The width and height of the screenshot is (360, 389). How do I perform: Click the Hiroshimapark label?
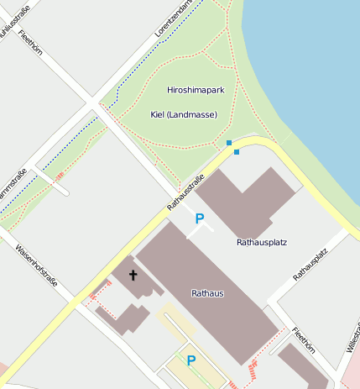pos(196,89)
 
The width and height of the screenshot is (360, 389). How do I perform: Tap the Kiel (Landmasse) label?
pos(183,114)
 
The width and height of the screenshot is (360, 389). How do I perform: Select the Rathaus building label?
pos(207,292)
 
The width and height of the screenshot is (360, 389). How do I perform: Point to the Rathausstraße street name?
pos(185,192)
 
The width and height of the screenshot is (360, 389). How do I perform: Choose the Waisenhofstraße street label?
pos(36,265)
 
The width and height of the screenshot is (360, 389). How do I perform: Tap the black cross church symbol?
pos(133,275)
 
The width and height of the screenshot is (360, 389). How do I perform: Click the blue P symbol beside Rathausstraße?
pos(200,218)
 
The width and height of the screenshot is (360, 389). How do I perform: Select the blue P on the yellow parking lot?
pos(191,361)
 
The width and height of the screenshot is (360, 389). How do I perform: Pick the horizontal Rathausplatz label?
pos(262,242)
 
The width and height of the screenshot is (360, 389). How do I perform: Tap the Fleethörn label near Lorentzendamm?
pos(29,39)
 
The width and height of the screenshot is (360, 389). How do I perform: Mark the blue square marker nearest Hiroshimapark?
pos(228,143)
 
